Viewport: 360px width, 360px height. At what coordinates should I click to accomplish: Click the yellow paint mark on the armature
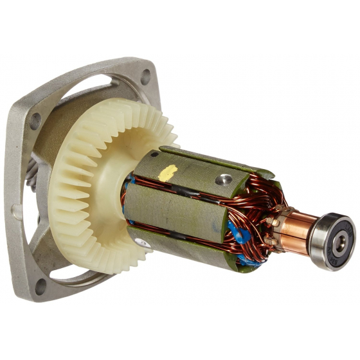[168, 173]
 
